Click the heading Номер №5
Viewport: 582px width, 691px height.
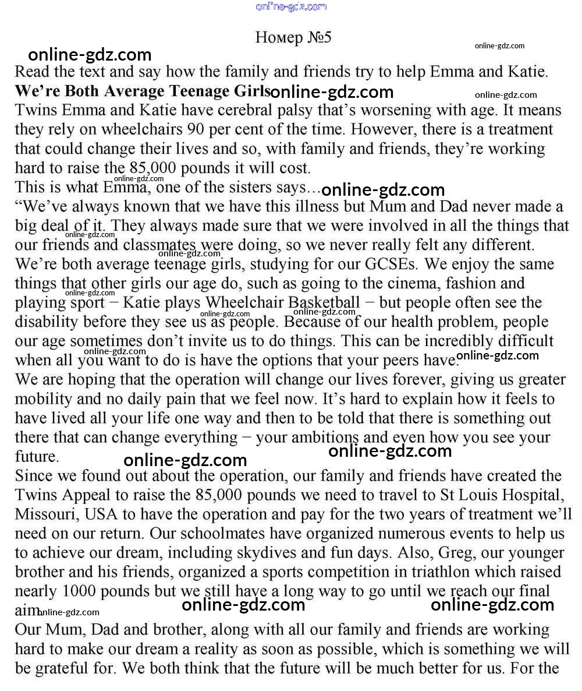293,38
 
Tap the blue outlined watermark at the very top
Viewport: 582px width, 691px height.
291,6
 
